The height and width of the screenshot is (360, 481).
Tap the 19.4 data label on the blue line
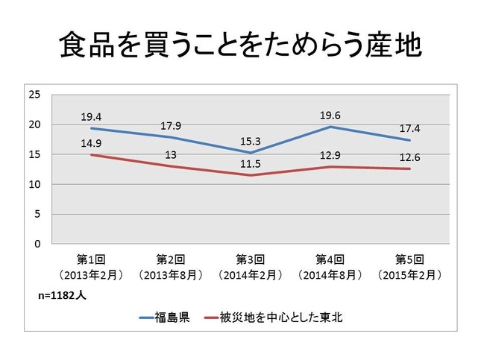(92, 117)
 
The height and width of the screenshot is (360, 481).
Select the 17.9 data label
(171, 126)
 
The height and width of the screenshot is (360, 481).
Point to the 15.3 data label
(251, 141)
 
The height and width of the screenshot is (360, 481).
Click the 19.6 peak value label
(330, 116)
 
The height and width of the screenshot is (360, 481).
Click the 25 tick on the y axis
(34, 94)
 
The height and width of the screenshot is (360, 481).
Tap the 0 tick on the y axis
(37, 244)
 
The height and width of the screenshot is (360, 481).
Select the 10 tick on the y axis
(34, 184)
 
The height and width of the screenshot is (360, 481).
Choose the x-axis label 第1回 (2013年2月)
(92, 267)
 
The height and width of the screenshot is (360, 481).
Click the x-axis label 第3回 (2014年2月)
(251, 267)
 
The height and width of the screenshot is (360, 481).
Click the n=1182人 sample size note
(63, 295)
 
